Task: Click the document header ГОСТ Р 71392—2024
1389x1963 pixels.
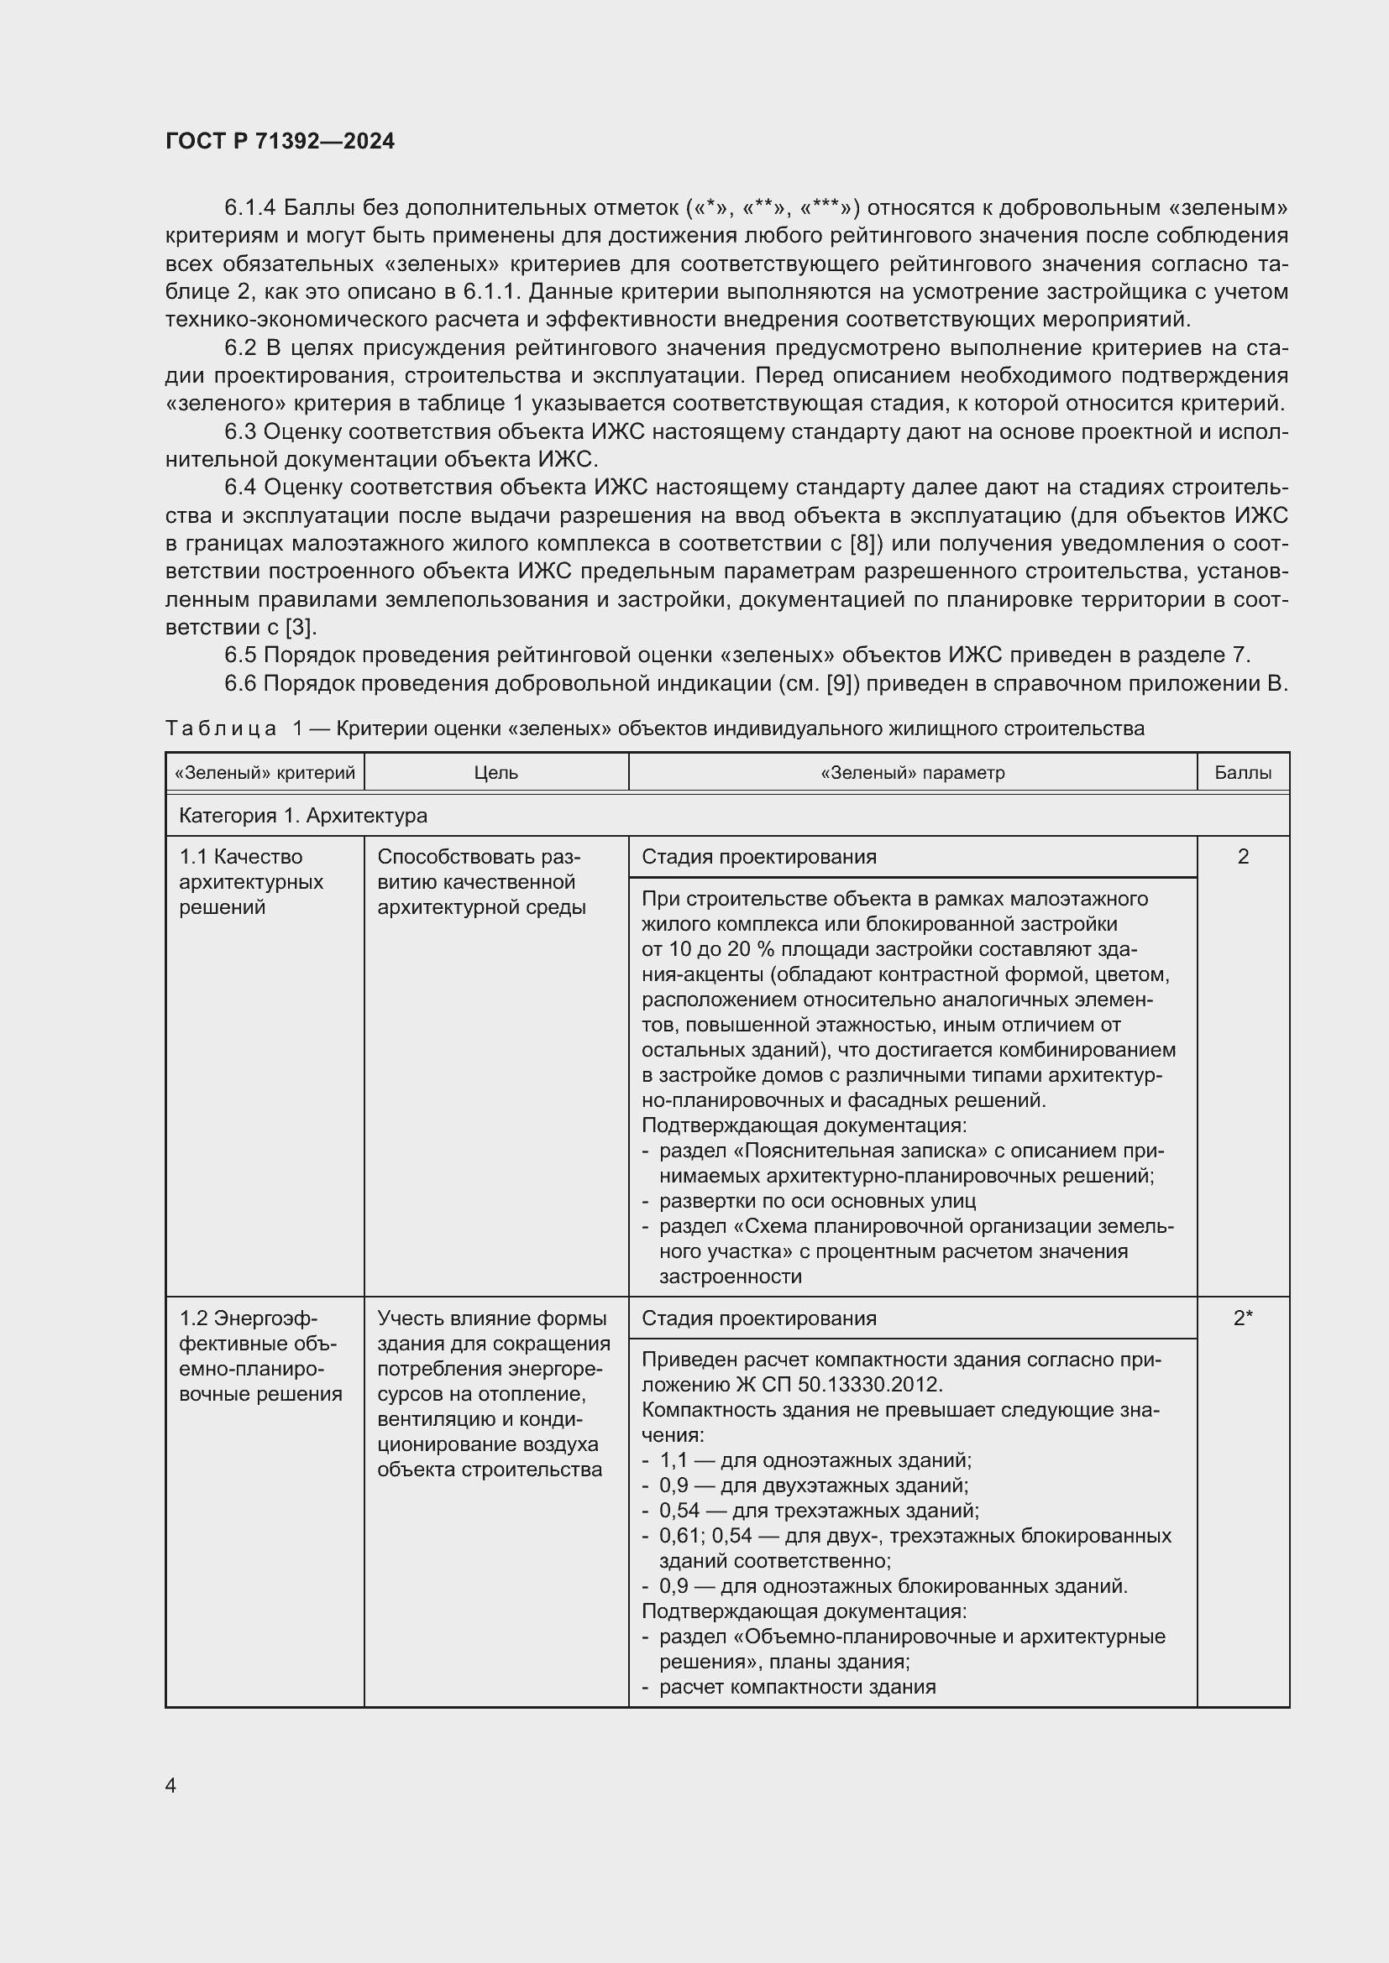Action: (280, 141)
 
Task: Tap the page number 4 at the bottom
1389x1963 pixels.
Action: (170, 1785)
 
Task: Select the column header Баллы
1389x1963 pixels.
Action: (1242, 773)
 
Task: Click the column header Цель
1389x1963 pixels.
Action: (496, 773)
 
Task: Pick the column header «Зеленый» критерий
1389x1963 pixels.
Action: (265, 773)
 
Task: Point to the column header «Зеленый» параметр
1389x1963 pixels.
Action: (912, 773)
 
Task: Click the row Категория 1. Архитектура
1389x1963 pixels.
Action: (303, 816)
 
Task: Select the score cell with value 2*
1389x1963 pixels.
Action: (1242, 1318)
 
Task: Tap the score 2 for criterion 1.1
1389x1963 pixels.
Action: (1242, 856)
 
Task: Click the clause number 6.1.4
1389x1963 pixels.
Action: (249, 208)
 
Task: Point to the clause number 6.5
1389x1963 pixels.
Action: (239, 655)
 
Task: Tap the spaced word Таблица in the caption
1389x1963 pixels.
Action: (221, 728)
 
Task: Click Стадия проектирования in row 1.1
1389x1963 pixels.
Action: (758, 857)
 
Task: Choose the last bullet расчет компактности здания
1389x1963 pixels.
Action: (797, 1686)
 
